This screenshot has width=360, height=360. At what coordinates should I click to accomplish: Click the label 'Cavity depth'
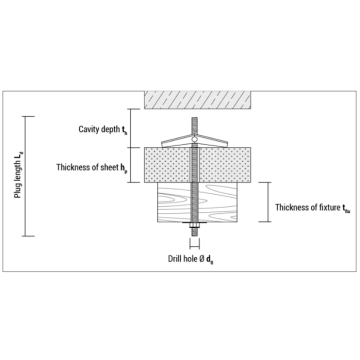(x=103, y=129)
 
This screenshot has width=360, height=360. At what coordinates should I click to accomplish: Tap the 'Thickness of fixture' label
(x=313, y=208)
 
